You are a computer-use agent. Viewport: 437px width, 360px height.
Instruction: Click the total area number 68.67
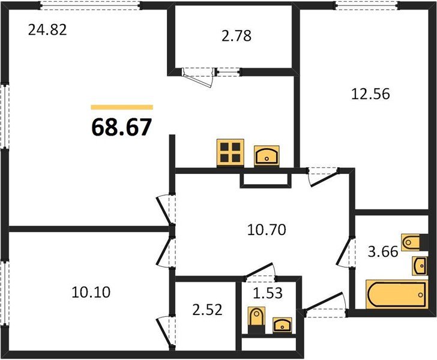(x=121, y=127)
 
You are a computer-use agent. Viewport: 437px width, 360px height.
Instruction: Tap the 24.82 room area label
(x=47, y=30)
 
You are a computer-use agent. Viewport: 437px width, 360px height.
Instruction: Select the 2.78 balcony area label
(x=237, y=36)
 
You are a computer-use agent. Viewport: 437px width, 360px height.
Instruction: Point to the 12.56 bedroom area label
(x=370, y=94)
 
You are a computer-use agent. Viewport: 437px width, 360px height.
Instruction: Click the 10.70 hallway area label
(x=267, y=230)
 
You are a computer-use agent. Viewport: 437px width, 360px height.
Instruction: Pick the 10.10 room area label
(x=91, y=292)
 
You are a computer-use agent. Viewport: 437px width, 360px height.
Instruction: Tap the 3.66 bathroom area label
(x=383, y=252)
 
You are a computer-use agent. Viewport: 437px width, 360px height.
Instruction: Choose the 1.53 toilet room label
(x=268, y=293)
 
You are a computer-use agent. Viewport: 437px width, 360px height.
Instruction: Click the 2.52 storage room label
(x=207, y=310)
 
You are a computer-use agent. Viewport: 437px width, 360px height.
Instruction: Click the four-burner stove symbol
(x=231, y=153)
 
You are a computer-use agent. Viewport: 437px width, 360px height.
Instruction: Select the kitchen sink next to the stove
(x=267, y=156)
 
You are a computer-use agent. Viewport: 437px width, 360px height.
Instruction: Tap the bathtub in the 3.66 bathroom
(x=397, y=294)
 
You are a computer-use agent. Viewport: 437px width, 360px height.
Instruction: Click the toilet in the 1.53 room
(x=256, y=320)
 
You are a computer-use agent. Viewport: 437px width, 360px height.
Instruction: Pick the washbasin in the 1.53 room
(x=282, y=325)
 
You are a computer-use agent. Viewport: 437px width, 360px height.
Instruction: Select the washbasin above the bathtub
(x=420, y=266)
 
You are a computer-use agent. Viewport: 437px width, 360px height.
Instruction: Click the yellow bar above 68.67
(x=122, y=107)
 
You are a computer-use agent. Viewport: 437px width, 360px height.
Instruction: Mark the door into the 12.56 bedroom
(x=324, y=177)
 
